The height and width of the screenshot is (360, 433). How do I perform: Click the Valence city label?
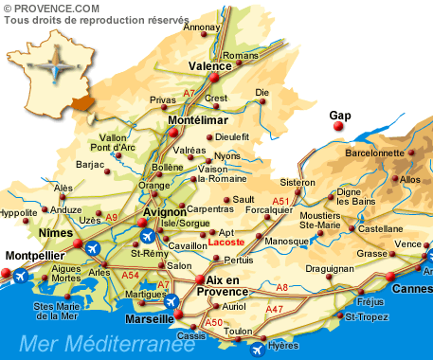[x=210, y=66]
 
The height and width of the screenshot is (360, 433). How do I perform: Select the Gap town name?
[x=339, y=116]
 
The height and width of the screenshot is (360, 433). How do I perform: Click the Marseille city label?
[x=143, y=319]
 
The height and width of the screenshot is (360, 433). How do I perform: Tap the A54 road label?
[x=131, y=275]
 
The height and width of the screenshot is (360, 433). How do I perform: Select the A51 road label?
[x=281, y=201]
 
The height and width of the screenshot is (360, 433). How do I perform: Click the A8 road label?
[x=281, y=287]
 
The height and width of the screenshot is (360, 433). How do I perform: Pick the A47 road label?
[x=274, y=309]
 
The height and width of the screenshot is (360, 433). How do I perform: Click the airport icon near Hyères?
[x=257, y=349]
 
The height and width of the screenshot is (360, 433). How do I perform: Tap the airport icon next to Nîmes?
[x=93, y=248]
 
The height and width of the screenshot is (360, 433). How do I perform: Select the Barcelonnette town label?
[x=374, y=153]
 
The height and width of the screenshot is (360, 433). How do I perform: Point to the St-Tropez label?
[x=364, y=315]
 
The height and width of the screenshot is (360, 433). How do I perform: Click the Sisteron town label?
[x=297, y=182]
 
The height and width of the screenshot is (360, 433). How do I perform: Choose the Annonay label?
[x=201, y=27]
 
